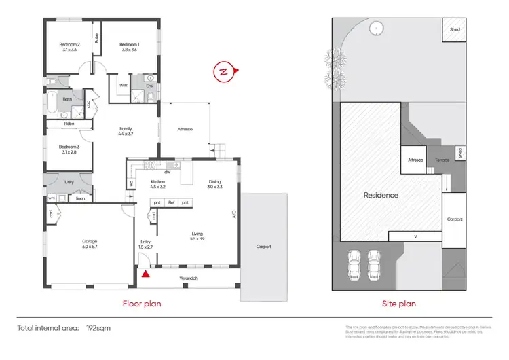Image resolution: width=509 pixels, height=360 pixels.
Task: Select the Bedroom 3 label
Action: coord(69,149)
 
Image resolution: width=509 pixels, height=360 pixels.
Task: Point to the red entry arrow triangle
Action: coord(145,274)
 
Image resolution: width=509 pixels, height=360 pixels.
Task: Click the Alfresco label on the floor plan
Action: coord(185,129)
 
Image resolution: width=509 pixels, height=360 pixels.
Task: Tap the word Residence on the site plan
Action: coord(381,195)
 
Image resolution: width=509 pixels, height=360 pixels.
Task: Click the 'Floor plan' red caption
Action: coord(141,304)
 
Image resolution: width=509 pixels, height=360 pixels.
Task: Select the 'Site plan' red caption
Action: coord(398,304)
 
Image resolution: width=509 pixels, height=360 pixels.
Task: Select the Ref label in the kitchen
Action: coord(171,203)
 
